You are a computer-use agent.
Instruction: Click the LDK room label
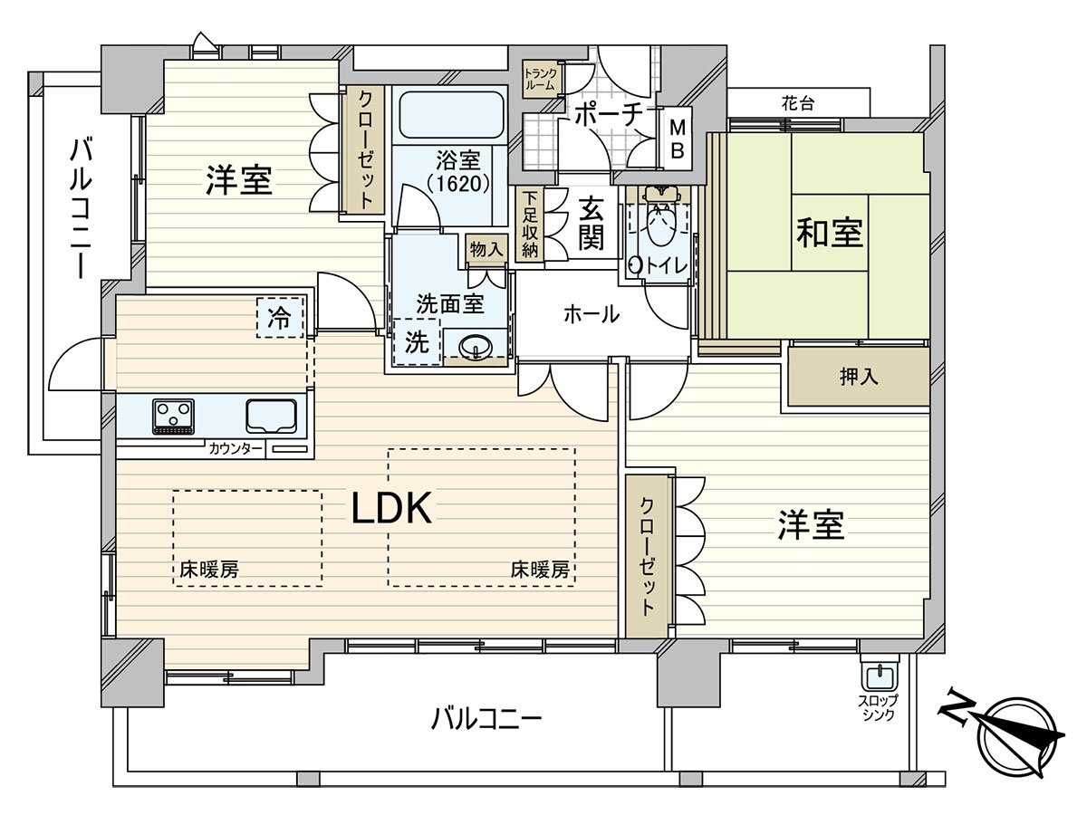click(390, 511)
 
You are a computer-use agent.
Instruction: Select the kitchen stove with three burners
click(172, 417)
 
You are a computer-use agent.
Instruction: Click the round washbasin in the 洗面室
click(476, 347)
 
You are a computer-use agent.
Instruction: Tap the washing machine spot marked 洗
click(416, 343)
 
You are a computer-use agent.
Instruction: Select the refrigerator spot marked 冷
click(280, 318)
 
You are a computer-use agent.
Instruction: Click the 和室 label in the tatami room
click(829, 234)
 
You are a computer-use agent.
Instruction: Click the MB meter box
click(677, 139)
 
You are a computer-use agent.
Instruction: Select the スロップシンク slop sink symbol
click(878, 676)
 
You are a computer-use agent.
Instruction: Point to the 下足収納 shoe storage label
click(529, 224)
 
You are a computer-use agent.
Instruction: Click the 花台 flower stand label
click(797, 103)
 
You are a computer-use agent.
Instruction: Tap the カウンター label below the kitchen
click(236, 449)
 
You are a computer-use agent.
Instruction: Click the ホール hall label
click(591, 315)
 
